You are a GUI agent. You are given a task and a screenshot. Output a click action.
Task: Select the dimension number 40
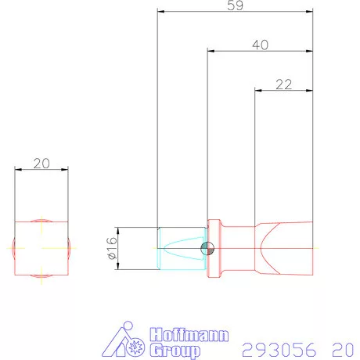pos(261,45)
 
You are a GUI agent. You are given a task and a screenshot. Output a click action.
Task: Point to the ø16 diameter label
pos(110,248)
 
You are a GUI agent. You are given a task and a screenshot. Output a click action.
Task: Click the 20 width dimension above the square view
pos(41,163)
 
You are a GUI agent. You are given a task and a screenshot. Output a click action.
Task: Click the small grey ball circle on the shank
pos(207,248)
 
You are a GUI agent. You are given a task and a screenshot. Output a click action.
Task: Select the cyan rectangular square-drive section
pos(181,248)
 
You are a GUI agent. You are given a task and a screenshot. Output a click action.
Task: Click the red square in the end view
pos(41,247)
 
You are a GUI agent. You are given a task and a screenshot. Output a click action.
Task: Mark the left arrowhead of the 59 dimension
pos(160,12)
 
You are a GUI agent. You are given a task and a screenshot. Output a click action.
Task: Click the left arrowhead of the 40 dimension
pos(210,52)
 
